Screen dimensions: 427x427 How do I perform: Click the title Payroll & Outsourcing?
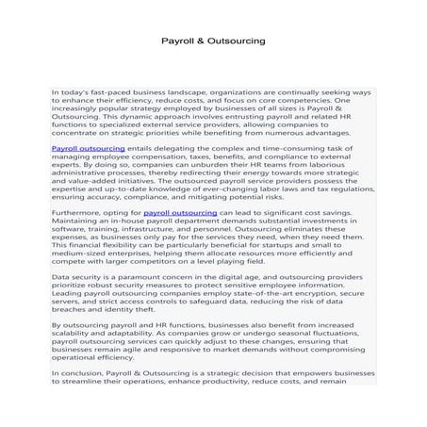tap(212, 42)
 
